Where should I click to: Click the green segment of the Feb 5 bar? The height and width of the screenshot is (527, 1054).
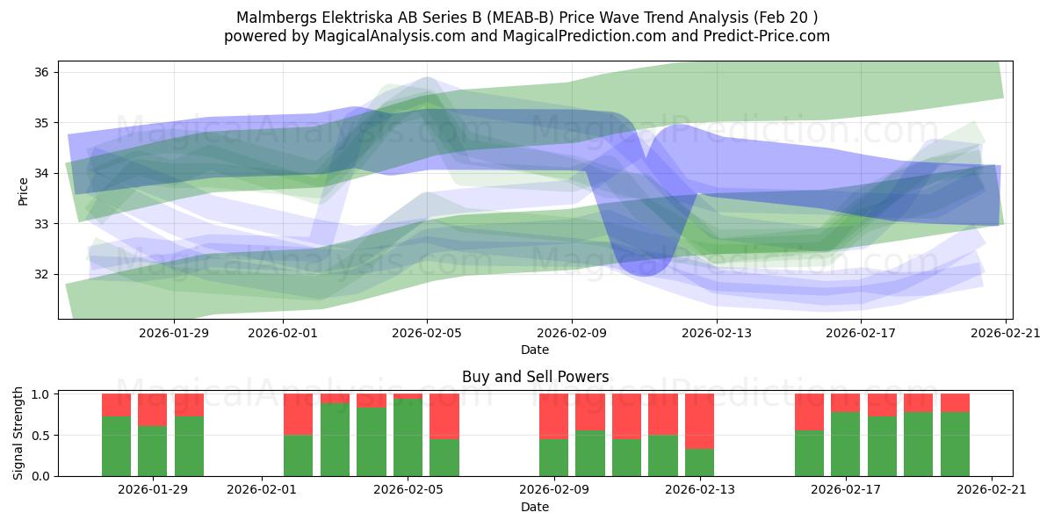[408, 437]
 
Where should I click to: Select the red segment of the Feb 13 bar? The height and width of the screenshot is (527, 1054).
[700, 421]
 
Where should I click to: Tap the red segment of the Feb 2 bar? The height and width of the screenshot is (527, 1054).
[299, 414]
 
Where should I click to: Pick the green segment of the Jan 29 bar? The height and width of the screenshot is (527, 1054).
[153, 451]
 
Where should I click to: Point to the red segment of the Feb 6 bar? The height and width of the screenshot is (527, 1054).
[444, 416]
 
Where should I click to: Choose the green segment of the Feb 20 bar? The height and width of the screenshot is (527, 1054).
[956, 444]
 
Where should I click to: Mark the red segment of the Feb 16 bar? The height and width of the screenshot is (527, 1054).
[809, 412]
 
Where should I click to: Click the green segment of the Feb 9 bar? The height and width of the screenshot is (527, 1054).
[554, 458]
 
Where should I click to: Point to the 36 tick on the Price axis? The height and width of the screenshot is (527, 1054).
[56, 72]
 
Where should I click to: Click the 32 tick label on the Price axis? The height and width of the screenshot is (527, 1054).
[41, 274]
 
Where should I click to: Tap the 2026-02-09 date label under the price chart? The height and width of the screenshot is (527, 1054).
[572, 333]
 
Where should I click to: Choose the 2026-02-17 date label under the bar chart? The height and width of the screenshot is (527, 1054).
[846, 489]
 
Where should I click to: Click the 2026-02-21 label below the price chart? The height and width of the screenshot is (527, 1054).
[1006, 333]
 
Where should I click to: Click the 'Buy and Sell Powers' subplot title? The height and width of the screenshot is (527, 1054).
[536, 377]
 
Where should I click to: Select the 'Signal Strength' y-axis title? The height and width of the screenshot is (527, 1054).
[18, 433]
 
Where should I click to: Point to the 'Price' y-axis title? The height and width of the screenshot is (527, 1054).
[23, 192]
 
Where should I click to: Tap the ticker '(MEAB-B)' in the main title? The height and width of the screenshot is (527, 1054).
[520, 18]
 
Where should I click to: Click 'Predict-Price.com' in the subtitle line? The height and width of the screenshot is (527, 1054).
[767, 36]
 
